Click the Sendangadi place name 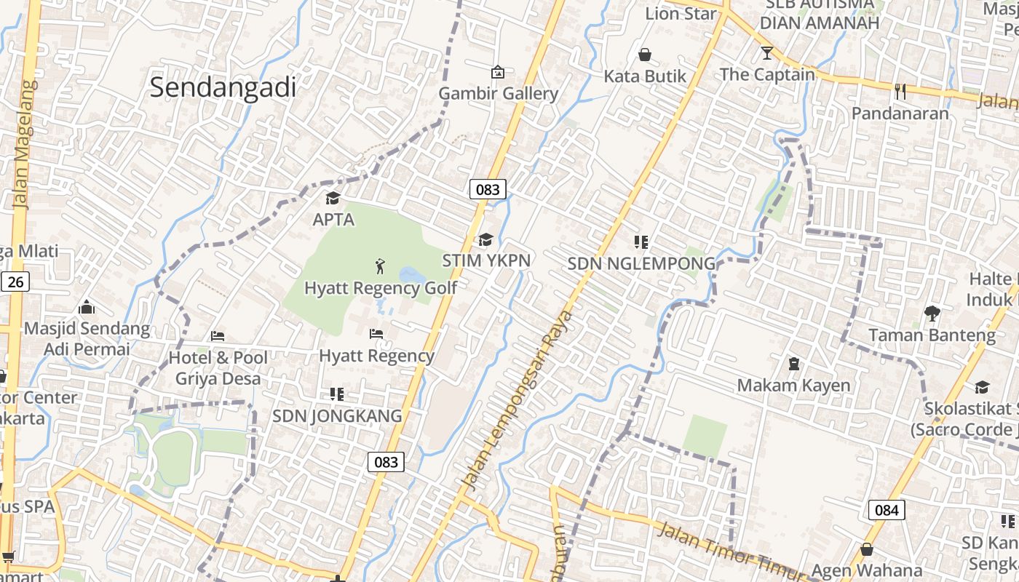click(223, 87)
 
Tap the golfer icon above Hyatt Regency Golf click(379, 266)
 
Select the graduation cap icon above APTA click(333, 198)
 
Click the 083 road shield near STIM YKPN click(487, 190)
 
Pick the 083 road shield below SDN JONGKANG click(386, 462)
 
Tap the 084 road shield click(887, 510)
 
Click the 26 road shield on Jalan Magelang click(15, 282)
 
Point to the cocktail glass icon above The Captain click(766, 53)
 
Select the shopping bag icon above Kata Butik click(645, 55)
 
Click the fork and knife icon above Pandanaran click(900, 91)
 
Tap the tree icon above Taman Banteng click(932, 314)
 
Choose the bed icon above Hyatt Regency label click(376, 334)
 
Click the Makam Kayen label click(793, 385)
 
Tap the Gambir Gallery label click(498, 94)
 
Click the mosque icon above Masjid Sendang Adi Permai click(87, 307)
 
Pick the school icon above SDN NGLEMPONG click(641, 242)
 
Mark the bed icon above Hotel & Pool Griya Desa click(218, 336)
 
